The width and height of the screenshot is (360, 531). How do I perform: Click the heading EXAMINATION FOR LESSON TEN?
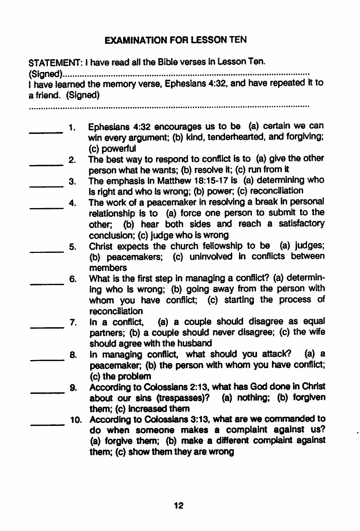click(175, 40)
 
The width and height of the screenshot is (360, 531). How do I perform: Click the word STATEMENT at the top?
click(52, 62)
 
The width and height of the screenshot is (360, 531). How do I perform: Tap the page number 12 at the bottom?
click(179, 505)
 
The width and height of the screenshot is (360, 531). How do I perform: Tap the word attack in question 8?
click(277, 354)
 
